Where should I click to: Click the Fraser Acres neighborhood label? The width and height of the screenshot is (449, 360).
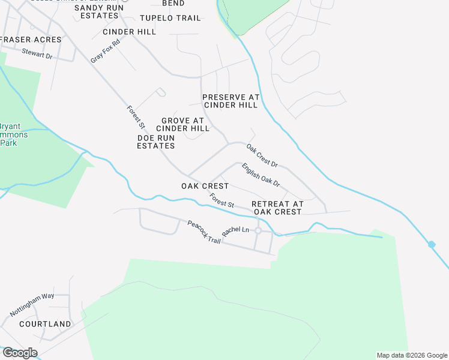tap(31, 40)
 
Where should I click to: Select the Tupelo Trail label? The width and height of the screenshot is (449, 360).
tap(170, 18)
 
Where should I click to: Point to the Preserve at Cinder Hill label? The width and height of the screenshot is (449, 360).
tap(231, 101)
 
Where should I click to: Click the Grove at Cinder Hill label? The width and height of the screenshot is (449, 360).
tap(182, 124)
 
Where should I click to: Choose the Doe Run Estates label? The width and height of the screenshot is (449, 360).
tap(156, 142)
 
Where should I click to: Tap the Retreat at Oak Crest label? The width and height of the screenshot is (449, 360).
tap(277, 208)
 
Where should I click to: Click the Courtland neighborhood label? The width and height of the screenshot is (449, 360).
tap(45, 324)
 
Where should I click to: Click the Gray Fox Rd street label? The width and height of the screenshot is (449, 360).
tap(106, 51)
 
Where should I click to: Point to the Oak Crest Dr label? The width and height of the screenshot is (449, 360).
tap(262, 155)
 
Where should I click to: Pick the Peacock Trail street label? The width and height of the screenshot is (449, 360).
tap(205, 232)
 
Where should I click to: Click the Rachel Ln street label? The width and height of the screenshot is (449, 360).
tap(235, 230)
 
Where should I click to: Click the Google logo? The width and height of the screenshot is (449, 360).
tap(20, 353)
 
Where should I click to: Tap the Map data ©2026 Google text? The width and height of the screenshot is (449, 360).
tap(411, 355)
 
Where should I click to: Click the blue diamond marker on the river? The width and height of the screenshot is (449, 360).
tap(432, 244)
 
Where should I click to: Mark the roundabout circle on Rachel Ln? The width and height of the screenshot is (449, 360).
tap(258, 231)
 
